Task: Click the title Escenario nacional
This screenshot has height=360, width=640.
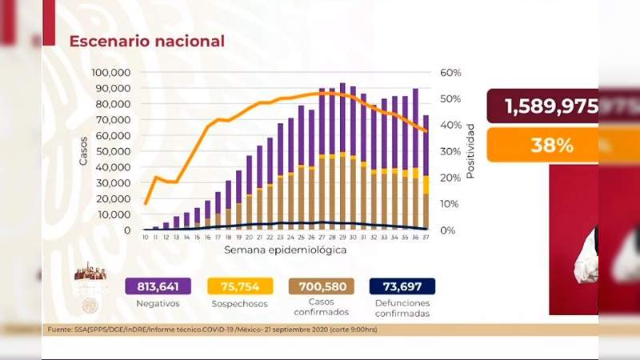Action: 146,41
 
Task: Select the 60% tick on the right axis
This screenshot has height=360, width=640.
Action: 450,73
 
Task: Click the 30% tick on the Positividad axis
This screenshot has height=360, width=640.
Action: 450,151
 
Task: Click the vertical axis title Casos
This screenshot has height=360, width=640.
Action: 84,151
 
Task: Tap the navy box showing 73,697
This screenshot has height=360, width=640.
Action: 402,287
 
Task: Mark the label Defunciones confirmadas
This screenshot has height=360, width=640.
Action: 402,309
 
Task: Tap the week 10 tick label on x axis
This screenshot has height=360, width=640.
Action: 145,238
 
